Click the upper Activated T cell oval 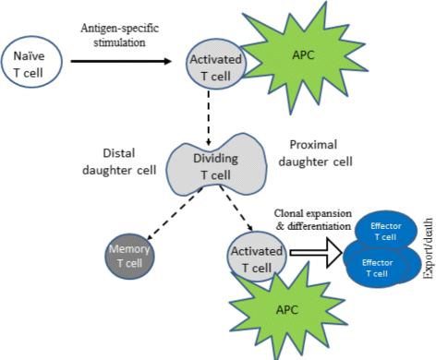coord(214,66)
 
